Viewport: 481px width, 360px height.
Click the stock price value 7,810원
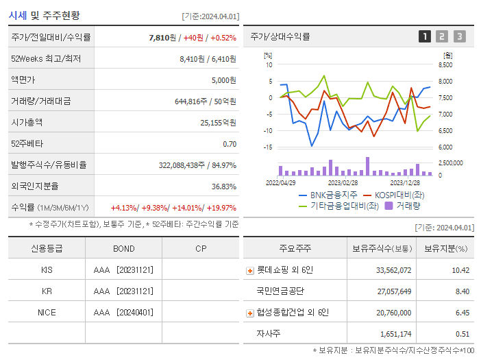point(163,37)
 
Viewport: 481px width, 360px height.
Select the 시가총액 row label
point(27,123)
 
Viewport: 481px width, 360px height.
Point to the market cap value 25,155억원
point(218,123)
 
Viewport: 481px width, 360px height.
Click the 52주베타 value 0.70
point(230,144)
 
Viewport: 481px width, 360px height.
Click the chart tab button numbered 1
point(425,36)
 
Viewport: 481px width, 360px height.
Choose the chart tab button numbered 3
point(459,36)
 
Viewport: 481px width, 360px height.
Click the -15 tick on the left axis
point(268,147)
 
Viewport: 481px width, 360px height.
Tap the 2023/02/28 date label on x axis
point(343,183)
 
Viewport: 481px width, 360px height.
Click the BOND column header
point(123,248)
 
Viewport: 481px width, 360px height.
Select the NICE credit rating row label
point(47,312)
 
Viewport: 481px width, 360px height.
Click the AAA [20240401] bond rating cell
point(123,312)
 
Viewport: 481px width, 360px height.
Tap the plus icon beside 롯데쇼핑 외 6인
point(250,270)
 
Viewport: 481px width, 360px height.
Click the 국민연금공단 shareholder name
point(280,291)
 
